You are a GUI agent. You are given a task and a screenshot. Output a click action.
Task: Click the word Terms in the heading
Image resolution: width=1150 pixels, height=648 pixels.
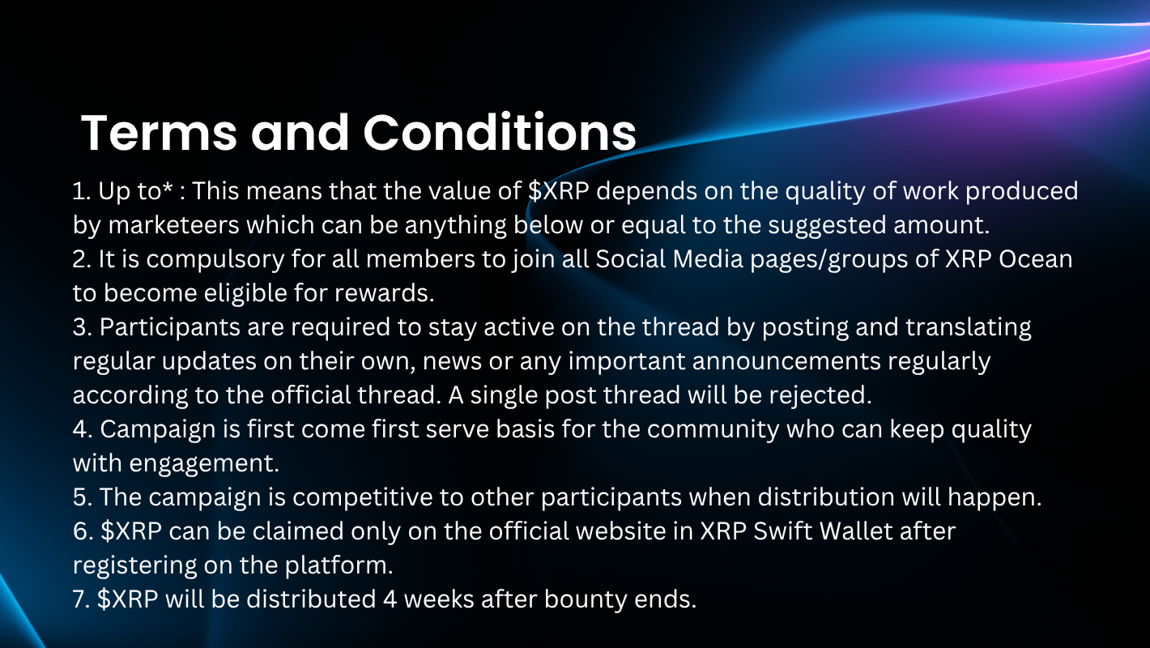click(159, 133)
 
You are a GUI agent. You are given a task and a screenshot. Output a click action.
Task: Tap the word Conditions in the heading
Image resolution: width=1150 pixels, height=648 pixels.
click(500, 132)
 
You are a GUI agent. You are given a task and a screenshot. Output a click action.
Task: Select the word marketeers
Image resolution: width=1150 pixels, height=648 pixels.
click(173, 225)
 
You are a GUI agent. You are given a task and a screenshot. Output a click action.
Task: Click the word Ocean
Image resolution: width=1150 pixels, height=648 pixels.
click(1035, 259)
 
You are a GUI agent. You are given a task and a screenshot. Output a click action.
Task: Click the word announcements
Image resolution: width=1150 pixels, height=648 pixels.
click(786, 361)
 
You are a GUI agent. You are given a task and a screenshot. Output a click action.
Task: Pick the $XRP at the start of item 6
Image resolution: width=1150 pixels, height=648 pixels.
click(131, 531)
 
